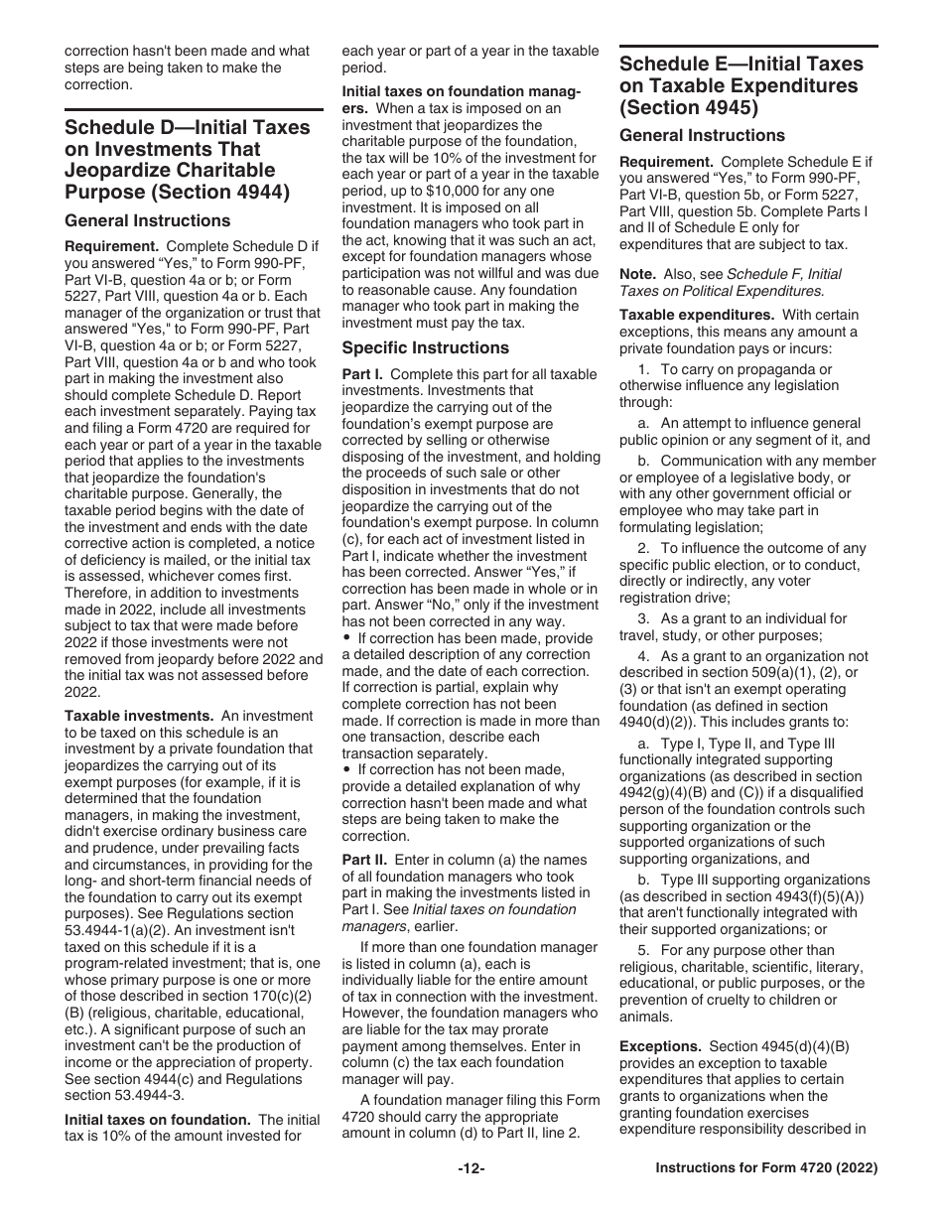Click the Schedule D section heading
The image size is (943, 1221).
187,159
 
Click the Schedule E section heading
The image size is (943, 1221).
741,85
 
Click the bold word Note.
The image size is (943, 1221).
637,274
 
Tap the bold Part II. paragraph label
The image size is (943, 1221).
365,860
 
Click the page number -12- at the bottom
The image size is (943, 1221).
471,1169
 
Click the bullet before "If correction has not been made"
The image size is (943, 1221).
347,770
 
